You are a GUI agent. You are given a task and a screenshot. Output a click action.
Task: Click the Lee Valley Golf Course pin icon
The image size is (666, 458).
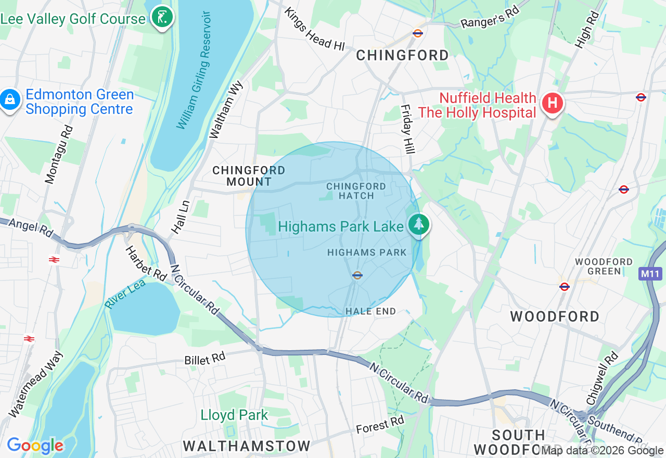[x=162, y=18]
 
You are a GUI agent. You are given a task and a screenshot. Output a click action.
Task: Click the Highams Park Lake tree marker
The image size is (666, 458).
[x=418, y=225]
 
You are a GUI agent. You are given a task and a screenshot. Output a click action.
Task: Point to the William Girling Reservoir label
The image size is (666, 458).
[x=193, y=70]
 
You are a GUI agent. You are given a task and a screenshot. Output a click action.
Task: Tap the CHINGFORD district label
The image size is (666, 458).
[x=402, y=55]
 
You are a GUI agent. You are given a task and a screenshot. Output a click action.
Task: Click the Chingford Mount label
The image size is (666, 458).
[x=249, y=176]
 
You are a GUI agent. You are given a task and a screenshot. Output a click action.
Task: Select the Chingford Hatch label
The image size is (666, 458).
[x=356, y=191]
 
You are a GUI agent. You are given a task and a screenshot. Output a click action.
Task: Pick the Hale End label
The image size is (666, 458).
[x=371, y=311]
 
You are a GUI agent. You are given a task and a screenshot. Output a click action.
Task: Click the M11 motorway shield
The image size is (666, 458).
[x=650, y=274]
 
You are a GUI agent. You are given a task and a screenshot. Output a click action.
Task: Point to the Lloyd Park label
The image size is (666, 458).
[x=234, y=415]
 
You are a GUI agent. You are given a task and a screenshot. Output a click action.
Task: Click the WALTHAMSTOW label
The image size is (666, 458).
[x=247, y=446]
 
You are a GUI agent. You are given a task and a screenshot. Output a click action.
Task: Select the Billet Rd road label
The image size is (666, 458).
[x=204, y=359]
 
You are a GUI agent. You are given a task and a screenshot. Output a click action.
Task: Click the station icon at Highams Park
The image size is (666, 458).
[x=357, y=275]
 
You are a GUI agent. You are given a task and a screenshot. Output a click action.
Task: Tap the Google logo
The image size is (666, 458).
[x=35, y=446]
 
